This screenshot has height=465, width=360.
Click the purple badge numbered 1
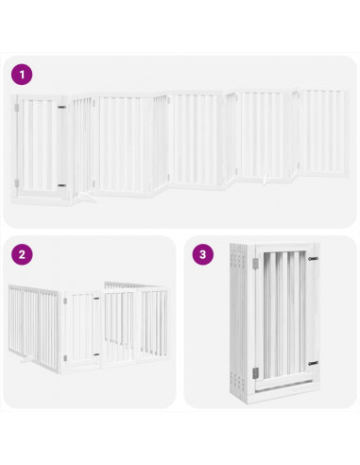[21, 72]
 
